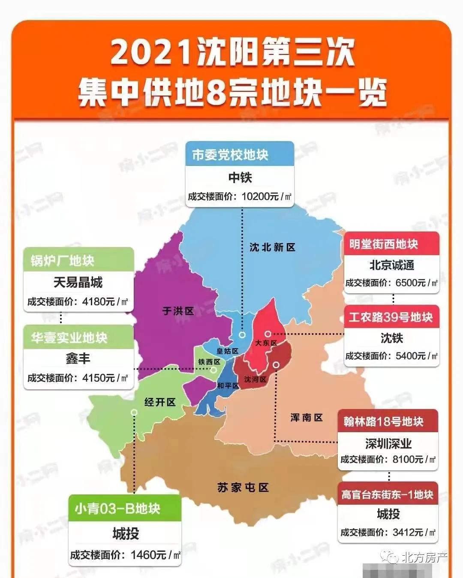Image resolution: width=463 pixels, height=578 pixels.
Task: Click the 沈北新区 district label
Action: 272,247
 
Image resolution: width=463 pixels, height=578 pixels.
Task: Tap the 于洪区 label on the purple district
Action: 178,311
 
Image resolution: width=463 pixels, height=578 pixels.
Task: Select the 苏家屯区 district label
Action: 243,488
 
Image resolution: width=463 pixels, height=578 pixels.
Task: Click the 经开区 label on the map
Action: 160,402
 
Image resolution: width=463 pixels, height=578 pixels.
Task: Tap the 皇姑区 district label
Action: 227,351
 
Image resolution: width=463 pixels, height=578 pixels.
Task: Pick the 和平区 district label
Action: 228,386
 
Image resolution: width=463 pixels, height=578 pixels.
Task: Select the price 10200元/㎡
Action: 266,196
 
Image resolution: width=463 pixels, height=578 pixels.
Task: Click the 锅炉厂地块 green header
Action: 63,260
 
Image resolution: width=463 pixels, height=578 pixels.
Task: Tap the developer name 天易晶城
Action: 78,282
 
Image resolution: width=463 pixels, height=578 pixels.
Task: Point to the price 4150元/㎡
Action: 105,378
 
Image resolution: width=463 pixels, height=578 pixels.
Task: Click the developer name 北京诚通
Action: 392,265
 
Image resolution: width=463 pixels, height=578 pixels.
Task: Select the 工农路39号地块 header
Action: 391,317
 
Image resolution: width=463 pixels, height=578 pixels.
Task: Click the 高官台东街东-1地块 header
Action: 387,494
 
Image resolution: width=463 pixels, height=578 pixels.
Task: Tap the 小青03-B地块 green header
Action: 117,509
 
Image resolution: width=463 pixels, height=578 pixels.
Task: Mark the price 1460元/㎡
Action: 155,555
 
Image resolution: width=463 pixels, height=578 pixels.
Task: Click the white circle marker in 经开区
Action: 134,412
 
